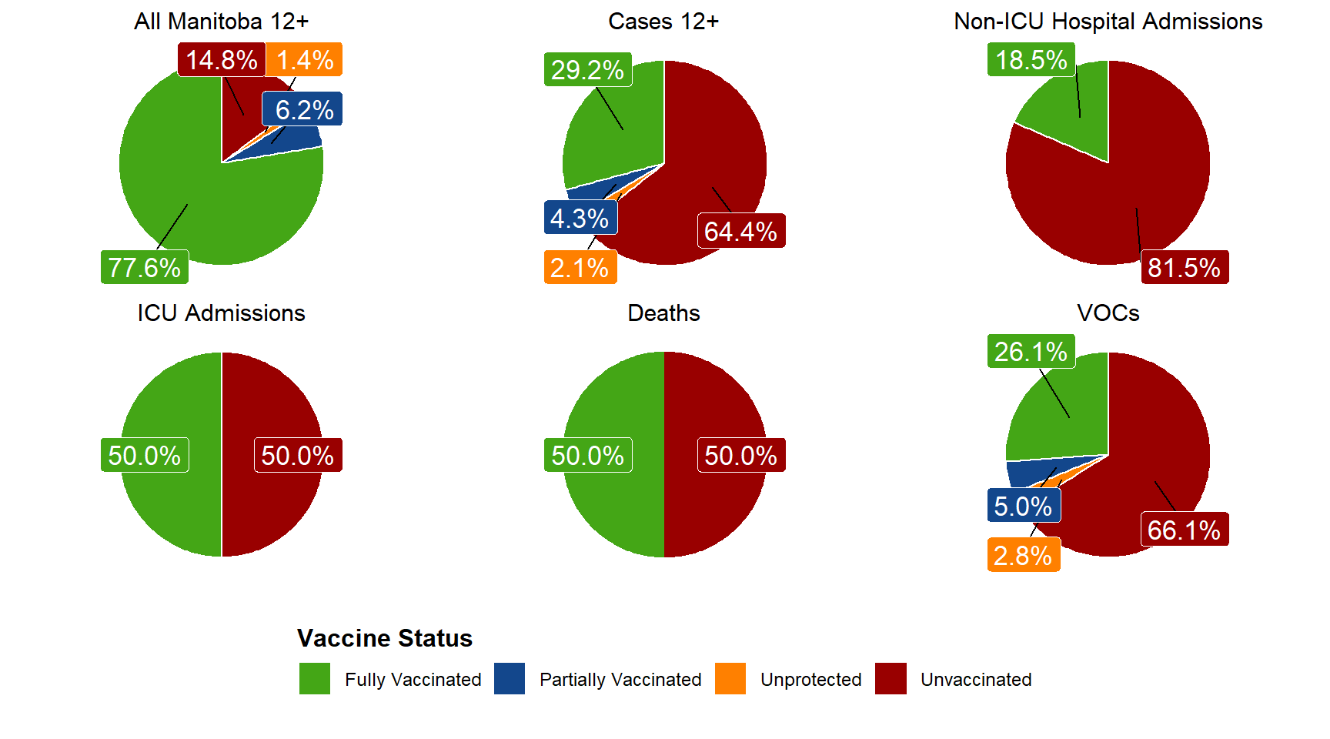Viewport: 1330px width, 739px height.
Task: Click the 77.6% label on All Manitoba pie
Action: click(x=145, y=267)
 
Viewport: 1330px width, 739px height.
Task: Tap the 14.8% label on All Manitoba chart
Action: click(x=222, y=59)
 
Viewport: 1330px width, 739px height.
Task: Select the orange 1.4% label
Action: click(x=305, y=59)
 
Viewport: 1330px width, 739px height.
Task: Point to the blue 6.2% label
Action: click(x=303, y=109)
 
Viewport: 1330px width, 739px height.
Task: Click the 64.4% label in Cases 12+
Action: click(x=740, y=231)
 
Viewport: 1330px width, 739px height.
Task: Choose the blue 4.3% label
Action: click(x=580, y=218)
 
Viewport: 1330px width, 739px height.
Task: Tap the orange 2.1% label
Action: click(x=580, y=267)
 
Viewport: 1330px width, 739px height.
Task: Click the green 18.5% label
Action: click(x=1031, y=59)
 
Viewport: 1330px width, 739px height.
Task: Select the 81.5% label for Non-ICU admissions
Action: click(x=1184, y=267)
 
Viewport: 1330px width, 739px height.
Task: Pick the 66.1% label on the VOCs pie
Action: click(x=1184, y=530)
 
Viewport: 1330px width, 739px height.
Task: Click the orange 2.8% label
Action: click(x=1023, y=555)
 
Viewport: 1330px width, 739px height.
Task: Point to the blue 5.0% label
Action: click(x=1023, y=506)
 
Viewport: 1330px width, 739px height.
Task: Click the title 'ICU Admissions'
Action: click(x=222, y=313)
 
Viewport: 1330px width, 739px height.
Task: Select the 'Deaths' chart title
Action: click(x=663, y=313)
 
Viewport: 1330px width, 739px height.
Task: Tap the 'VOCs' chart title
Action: click(x=1108, y=313)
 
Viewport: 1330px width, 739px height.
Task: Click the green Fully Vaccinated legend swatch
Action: click(x=315, y=679)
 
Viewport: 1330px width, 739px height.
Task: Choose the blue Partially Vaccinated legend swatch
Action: click(x=510, y=679)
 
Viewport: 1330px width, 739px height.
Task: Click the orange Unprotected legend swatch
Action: click(x=730, y=679)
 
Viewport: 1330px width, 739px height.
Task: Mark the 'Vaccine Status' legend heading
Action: click(x=385, y=638)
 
